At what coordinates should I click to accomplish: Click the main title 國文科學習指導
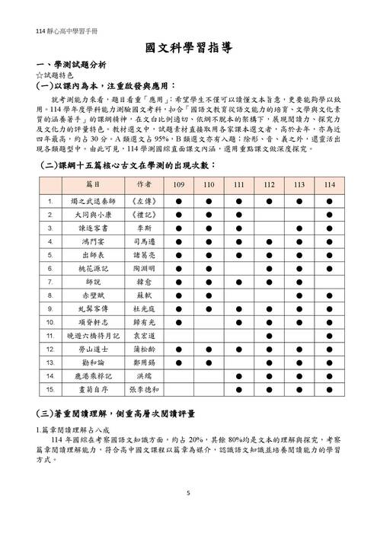[x=188, y=48]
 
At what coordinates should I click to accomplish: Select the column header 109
[x=178, y=185]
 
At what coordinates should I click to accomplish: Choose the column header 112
[x=269, y=185]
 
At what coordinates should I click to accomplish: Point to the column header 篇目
[x=94, y=185]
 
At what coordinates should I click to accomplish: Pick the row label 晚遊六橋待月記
[x=94, y=334]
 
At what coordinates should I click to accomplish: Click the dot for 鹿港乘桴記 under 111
[x=238, y=375]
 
